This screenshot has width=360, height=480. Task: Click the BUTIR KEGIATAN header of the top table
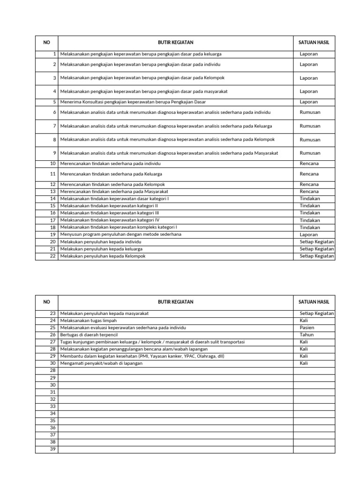[175, 42]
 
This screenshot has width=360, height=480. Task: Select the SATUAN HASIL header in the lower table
[314, 302]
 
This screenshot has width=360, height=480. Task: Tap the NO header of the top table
[46, 42]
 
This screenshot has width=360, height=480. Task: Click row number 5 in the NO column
[54, 102]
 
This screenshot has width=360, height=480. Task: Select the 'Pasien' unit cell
[307, 328]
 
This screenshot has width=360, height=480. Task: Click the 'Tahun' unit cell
[307, 335]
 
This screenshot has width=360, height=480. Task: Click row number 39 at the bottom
[52, 449]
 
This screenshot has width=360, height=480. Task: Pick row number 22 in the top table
[52, 256]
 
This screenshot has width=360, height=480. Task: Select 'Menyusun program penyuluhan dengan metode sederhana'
[120, 234]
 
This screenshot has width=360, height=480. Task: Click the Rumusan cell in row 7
[310, 126]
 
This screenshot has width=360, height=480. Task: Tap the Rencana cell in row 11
[309, 173]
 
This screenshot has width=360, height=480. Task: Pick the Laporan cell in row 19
[308, 234]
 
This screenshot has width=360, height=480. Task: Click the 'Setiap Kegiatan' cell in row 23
[317, 313]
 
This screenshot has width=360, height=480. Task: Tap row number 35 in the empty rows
[52, 420]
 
